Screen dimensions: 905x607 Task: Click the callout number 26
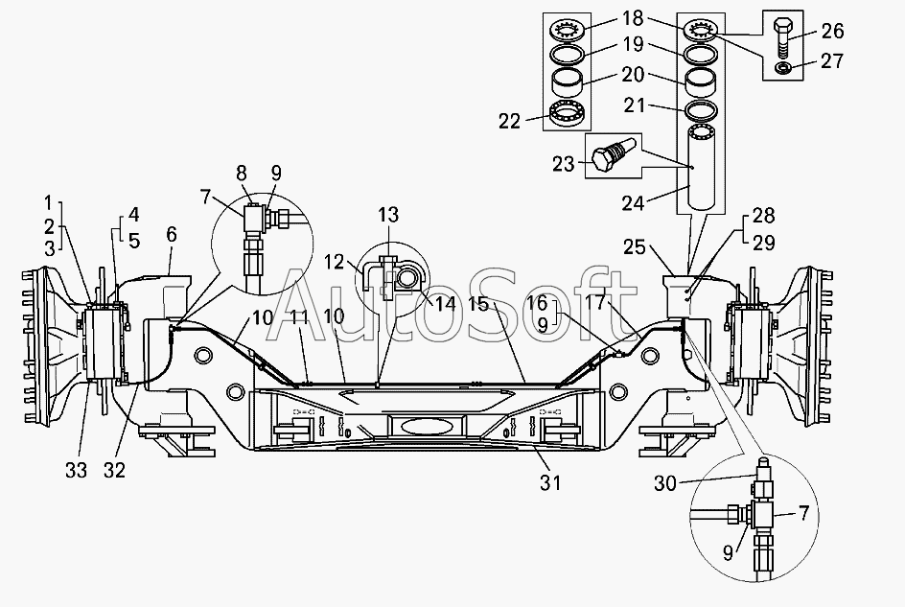coord(832,32)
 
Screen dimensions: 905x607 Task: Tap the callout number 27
coord(832,60)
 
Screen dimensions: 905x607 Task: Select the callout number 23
coord(564,165)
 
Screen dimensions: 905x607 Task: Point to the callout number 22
coord(510,121)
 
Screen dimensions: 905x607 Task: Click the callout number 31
coord(550,482)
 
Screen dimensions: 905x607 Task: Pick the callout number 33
coord(76,471)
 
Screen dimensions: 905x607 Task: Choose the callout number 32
coord(114,471)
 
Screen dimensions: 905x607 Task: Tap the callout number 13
coord(388,215)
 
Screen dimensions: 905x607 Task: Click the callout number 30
coord(665,483)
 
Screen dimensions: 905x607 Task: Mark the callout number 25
coord(635,247)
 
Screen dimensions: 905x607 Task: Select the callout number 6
coord(171,235)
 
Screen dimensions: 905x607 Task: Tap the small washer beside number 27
coord(783,69)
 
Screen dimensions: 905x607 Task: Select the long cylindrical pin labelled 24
coord(700,168)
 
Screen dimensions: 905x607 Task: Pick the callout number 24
coord(633,203)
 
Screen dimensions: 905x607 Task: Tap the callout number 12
coord(334,262)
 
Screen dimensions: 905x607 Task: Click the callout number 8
coord(242,174)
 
